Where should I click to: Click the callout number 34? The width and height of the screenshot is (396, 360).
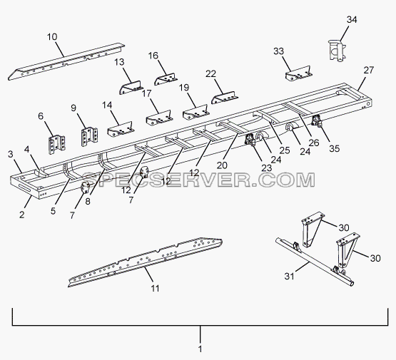352,19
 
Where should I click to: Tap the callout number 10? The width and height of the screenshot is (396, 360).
52,37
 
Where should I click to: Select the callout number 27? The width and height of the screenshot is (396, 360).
368,70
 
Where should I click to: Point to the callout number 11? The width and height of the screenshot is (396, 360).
155,288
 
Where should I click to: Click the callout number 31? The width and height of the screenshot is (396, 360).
290,277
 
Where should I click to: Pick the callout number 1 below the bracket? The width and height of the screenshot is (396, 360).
200,349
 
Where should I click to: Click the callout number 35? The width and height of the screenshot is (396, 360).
335,148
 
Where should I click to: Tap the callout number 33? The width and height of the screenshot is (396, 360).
278,51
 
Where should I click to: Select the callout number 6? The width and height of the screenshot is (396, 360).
41,116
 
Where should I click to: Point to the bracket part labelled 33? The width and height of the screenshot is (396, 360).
298,74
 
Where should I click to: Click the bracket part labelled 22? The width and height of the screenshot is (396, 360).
224,98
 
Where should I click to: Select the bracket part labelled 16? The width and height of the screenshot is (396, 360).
166,79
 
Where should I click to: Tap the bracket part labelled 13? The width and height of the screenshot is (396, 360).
130,88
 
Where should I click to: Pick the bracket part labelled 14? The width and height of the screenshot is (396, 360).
121,129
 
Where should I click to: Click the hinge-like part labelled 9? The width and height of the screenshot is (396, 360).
89,136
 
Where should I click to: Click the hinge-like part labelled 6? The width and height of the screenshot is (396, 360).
56,145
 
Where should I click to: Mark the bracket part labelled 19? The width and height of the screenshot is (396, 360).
196,112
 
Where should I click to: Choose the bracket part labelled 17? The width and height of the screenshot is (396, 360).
159,118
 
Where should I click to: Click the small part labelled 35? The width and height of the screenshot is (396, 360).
318,120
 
